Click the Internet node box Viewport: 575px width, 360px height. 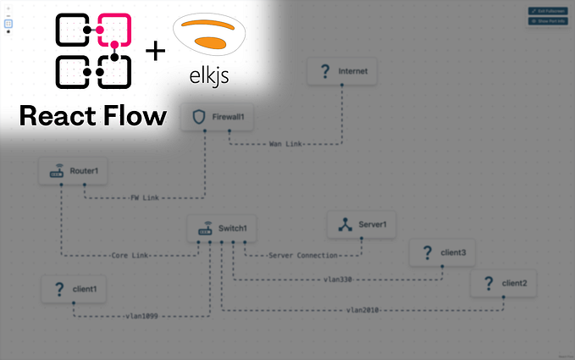coord(341,73)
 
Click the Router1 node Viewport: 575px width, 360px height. coord(75,172)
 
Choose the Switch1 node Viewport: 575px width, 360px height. coord(221,228)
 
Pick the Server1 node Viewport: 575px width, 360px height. coord(362,224)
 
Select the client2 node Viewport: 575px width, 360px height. coord(503,284)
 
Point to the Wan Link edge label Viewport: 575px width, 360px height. coord(285,143)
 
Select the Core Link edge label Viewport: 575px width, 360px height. coord(130,254)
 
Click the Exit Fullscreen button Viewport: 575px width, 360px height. coord(549,10)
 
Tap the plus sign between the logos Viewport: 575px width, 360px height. coord(155,51)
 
